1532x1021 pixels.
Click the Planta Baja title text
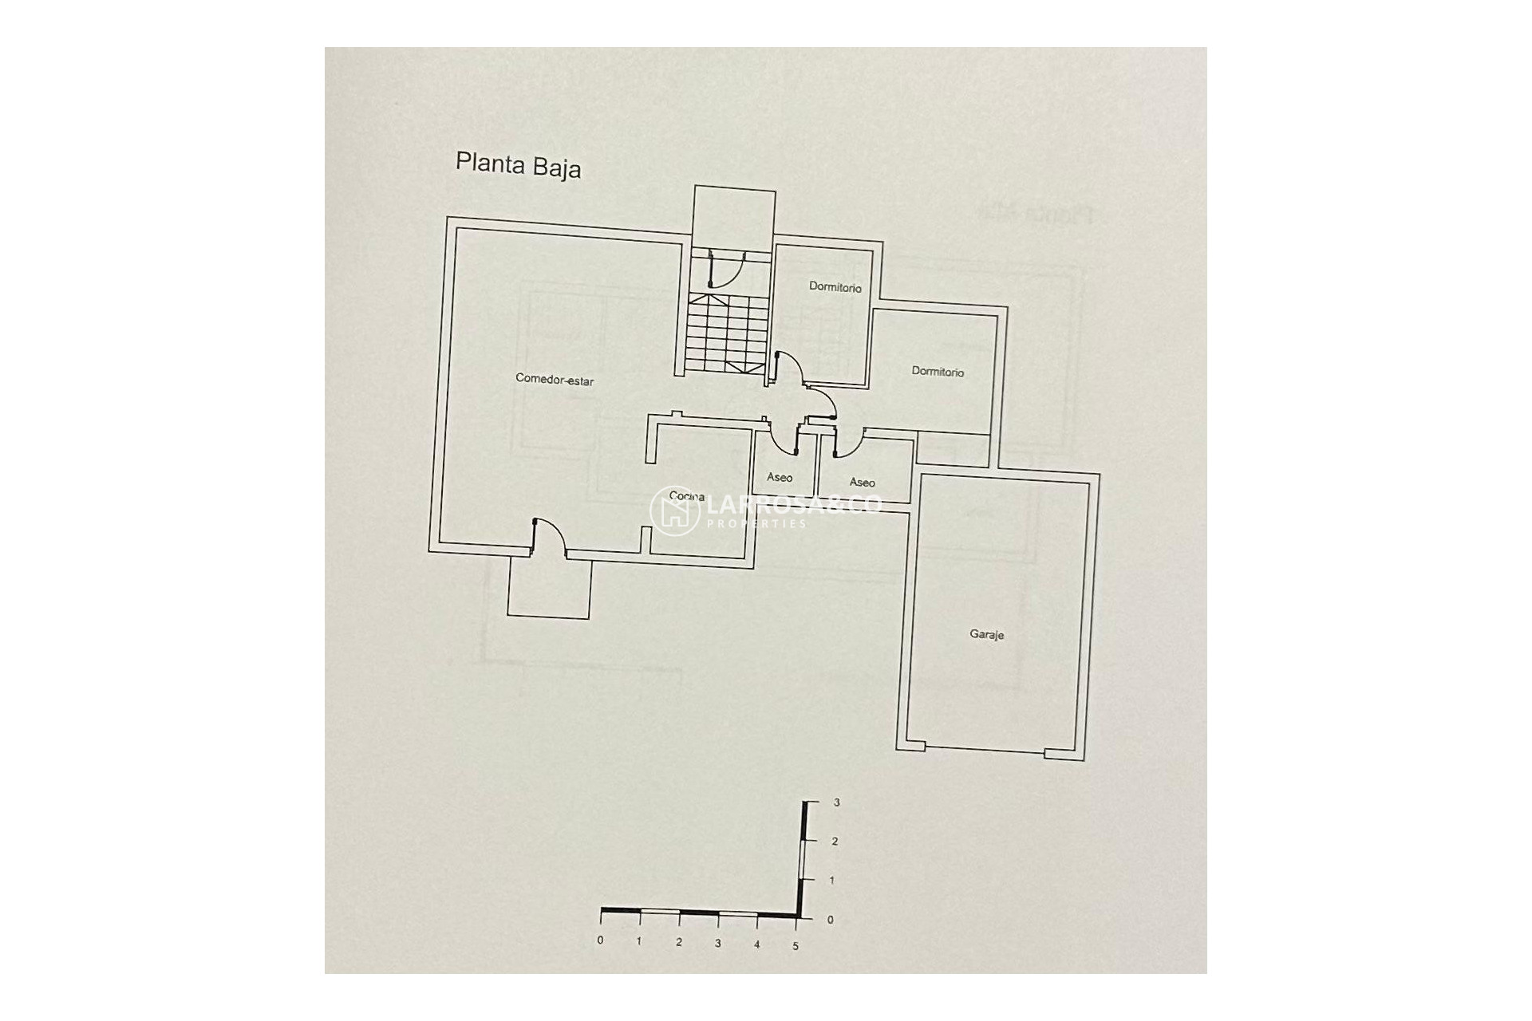(518, 165)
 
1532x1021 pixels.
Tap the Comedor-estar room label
(555, 380)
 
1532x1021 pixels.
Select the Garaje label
(986, 635)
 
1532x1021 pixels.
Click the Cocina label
(687, 496)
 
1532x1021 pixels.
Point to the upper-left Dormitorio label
(835, 287)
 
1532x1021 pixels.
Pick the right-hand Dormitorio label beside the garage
(938, 372)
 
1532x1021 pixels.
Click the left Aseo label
(780, 478)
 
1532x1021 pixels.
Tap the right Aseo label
(862, 483)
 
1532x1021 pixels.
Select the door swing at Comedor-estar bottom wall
(549, 536)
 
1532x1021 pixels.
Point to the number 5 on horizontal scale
(796, 946)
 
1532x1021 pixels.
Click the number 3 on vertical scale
(836, 802)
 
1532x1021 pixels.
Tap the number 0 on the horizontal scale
(600, 940)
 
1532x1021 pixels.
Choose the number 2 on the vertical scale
(835, 842)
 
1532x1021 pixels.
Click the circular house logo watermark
(674, 510)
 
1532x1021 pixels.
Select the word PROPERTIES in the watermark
(757, 524)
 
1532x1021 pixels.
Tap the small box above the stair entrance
(734, 211)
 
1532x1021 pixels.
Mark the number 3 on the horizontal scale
(717, 944)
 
